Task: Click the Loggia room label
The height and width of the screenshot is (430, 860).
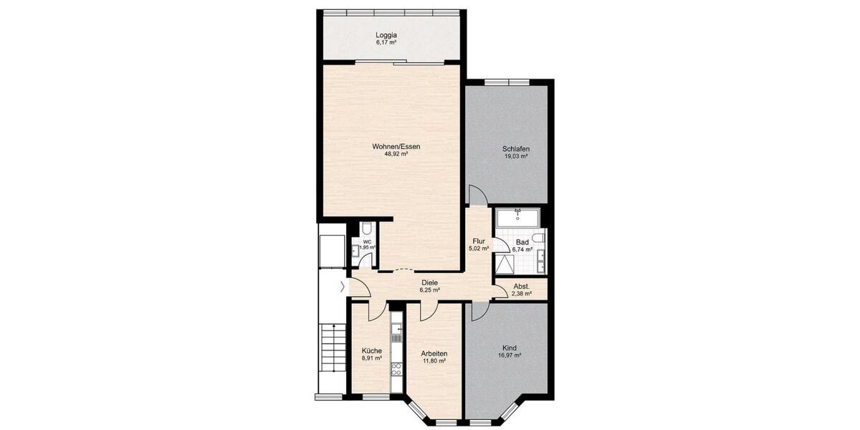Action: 386,34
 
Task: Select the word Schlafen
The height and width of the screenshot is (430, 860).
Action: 516,148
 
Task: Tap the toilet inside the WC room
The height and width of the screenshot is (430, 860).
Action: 366,229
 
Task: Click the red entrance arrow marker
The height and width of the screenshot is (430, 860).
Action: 342,287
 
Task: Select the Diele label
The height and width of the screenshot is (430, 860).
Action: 430,282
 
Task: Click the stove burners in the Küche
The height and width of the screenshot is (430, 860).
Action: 396,370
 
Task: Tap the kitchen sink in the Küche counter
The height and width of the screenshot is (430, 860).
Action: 396,329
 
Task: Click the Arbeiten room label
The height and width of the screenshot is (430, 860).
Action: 434,353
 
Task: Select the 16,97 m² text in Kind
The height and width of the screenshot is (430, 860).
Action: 510,355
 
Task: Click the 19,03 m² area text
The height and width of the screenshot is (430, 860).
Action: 516,156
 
